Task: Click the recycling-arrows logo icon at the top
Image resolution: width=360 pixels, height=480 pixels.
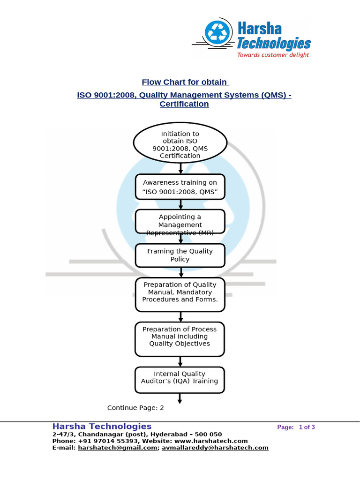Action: point(217,33)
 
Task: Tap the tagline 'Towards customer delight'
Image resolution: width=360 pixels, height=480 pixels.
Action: point(273,55)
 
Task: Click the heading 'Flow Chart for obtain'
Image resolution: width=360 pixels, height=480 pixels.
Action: point(185,82)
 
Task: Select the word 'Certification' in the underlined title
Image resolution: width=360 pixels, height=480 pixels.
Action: point(184,104)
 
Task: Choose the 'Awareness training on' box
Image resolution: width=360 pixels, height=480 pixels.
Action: point(180,187)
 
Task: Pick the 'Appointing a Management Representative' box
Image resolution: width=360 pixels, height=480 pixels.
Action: point(180,221)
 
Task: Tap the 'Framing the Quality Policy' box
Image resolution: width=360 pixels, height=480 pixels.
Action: point(180,255)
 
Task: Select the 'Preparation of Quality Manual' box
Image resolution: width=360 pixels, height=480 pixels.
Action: point(180,294)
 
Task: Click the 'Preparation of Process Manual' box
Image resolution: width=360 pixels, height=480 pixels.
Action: point(180,338)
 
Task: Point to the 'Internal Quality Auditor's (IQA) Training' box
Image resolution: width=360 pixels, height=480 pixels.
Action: point(180,379)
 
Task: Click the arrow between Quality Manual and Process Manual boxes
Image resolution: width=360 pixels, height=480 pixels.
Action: point(180,316)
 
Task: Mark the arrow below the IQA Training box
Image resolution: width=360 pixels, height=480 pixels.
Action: point(180,398)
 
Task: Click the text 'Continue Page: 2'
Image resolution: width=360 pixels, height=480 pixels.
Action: point(135,408)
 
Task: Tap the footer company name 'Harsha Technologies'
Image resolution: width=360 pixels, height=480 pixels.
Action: point(102,426)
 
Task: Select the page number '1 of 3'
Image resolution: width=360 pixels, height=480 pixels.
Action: point(307,427)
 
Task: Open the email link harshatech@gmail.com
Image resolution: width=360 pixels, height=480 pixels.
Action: point(117,448)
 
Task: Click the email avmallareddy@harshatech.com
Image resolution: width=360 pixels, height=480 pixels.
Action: point(215,448)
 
